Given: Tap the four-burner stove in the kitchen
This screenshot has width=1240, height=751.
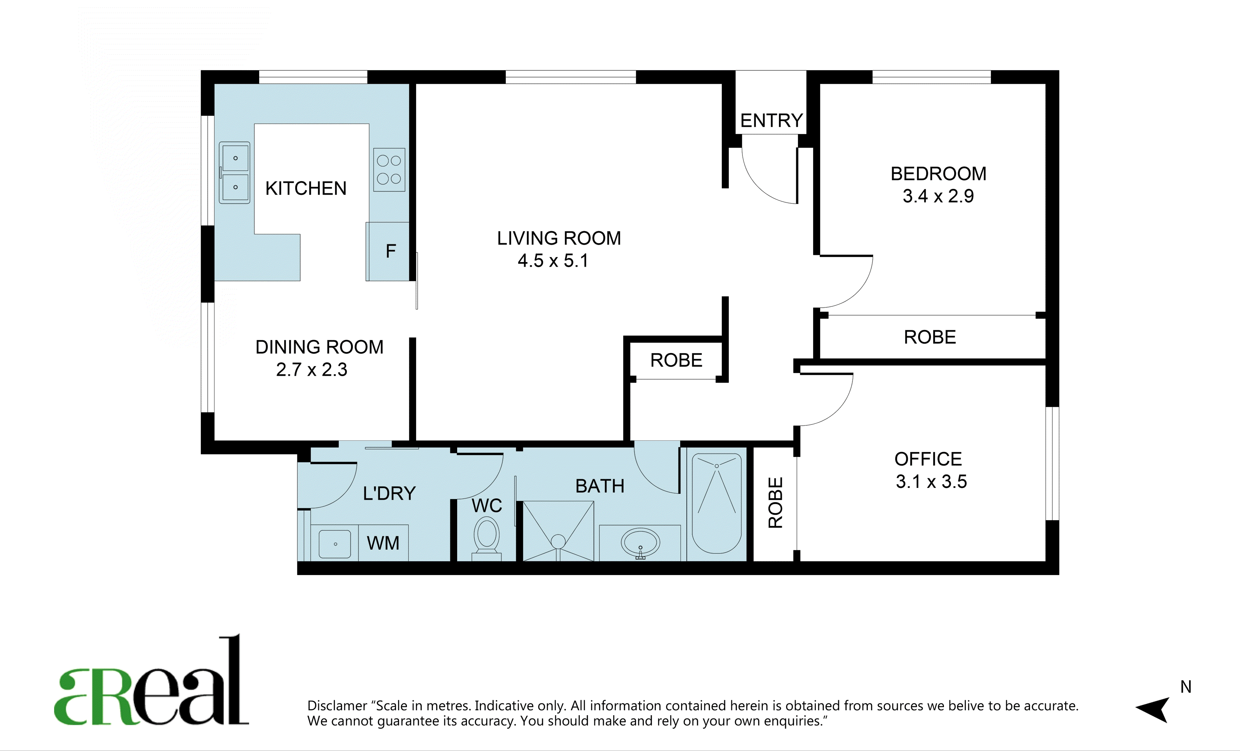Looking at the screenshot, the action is coord(389,169).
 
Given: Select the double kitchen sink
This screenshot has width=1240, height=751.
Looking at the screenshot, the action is coord(234,172).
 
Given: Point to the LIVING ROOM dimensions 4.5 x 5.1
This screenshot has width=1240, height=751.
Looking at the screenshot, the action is coord(553,260).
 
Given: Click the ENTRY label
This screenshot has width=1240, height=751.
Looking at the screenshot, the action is coord(771,121).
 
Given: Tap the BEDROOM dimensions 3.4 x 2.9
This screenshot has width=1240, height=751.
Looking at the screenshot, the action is coord(938,196).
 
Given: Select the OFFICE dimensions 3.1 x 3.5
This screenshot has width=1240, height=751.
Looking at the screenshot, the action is coord(931,482).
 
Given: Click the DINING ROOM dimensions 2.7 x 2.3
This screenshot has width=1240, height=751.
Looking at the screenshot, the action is coord(311,370).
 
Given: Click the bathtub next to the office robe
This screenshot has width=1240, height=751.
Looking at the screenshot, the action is coord(717,504).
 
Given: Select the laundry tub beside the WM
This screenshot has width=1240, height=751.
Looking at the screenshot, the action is coord(335,544).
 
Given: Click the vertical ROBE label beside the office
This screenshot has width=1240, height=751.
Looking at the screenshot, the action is coord(775,503).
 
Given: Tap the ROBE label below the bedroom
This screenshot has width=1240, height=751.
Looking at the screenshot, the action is coord(930,337).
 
